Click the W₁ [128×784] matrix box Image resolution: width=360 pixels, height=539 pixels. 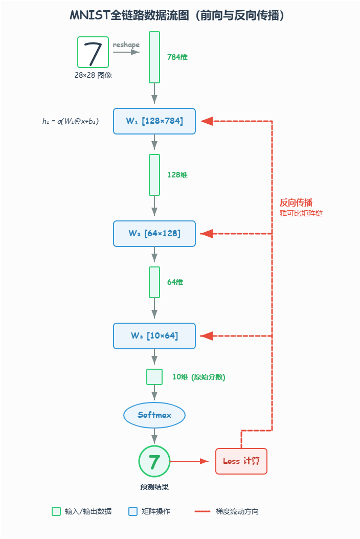click(154, 121)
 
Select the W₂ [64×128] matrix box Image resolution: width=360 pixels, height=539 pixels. click(154, 233)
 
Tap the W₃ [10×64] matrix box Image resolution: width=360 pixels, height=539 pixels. click(154, 336)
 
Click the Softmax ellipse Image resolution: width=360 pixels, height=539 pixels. click(154, 415)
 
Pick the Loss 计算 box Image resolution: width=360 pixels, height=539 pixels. click(241, 461)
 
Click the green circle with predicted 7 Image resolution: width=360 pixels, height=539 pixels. click(154, 461)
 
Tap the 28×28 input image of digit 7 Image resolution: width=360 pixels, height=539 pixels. click(93, 52)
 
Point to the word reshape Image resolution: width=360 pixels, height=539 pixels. click(126, 44)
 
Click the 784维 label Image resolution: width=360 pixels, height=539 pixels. click(177, 57)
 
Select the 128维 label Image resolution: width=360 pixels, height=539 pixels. click(177, 174)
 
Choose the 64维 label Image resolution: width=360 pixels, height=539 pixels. click(175, 282)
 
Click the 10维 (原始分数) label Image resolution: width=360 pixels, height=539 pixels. click(199, 377)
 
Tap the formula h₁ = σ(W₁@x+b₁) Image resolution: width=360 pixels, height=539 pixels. click(71, 121)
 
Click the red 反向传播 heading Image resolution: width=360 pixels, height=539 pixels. click(296, 203)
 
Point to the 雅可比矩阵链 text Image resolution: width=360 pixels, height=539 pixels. click(301, 213)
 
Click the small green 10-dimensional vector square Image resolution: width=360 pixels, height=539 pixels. click(154, 377)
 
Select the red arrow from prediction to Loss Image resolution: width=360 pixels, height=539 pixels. click(189, 461)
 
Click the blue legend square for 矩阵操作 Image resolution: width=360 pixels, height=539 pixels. click(133, 511)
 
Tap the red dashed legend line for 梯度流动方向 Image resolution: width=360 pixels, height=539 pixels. click(202, 511)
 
